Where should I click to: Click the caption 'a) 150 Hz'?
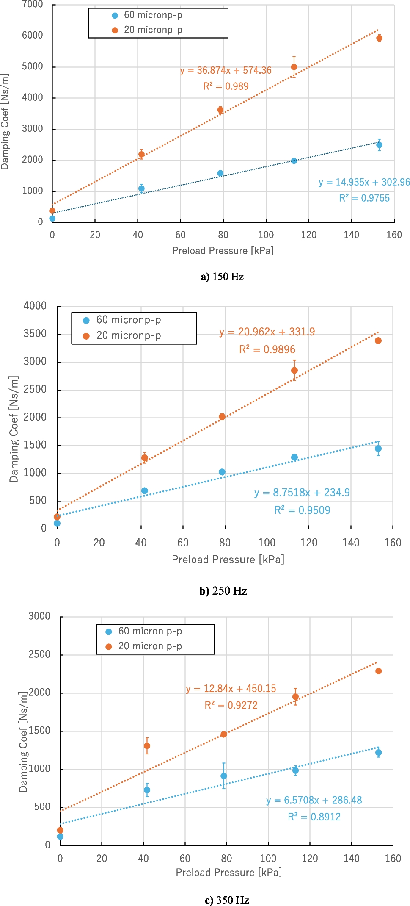(x=222, y=277)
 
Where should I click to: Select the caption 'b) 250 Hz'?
(x=223, y=590)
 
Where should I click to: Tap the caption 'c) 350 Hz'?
(x=227, y=900)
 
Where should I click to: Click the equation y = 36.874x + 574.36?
(x=226, y=70)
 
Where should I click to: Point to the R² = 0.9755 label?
(x=364, y=198)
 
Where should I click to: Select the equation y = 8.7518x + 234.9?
(x=302, y=492)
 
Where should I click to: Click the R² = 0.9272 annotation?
(x=231, y=705)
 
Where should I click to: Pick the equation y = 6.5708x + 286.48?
(x=314, y=800)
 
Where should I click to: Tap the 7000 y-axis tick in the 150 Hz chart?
(x=32, y=5)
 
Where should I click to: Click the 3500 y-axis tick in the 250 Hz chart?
(x=35, y=334)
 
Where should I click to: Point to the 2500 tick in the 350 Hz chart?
(x=39, y=654)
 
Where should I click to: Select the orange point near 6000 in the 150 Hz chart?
(x=379, y=38)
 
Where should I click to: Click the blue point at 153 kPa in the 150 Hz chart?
(x=379, y=145)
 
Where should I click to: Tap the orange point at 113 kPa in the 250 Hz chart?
(x=294, y=370)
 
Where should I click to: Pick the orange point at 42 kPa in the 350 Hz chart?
(x=147, y=745)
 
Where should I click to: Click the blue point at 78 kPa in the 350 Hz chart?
(x=224, y=776)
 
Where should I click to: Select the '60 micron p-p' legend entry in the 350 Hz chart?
(x=150, y=631)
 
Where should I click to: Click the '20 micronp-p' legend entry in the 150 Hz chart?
(x=153, y=30)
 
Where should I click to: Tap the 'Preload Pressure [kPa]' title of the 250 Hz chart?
(x=228, y=559)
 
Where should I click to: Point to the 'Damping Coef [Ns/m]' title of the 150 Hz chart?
(x=5, y=122)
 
